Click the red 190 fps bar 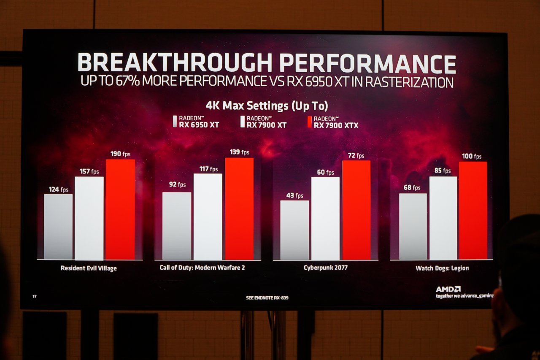pos(120,209)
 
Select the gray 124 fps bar pos(58,227)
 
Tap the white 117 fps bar pos(208,217)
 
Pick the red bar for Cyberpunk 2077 pos(356,210)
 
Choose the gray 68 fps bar pos(413,226)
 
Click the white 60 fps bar pos(325,218)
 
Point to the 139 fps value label pos(239,152)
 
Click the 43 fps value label pos(294,195)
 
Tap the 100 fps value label pos(472,156)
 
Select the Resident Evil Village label pos(89,268)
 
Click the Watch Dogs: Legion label pos(442,268)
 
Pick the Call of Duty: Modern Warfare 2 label pos(202,268)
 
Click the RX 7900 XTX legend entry pos(333,122)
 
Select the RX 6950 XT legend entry pos(196,122)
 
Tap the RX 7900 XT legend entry pos(264,122)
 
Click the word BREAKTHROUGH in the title pos(175,62)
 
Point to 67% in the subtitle pos(127,81)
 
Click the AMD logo pos(448,289)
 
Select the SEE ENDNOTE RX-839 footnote pos(267,298)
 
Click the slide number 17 pos(35,296)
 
